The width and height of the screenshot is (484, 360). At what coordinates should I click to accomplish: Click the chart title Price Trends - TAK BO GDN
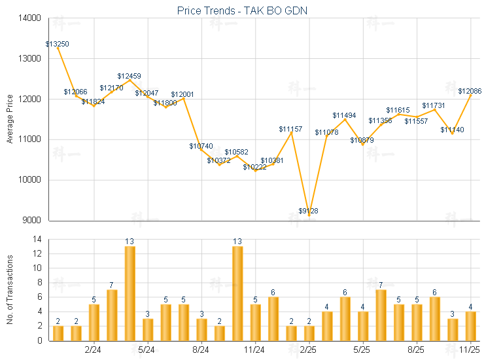click(x=242, y=10)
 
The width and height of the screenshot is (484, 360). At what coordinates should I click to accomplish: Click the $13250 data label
click(x=58, y=44)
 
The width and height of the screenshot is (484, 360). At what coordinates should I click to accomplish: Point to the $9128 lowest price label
click(x=309, y=211)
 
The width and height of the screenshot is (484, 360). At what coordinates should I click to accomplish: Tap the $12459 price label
click(x=130, y=76)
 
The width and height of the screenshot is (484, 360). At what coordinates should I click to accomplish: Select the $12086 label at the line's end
click(x=470, y=91)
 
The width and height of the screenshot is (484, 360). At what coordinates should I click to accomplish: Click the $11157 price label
click(x=290, y=129)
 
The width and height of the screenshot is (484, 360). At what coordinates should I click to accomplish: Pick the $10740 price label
click(x=201, y=146)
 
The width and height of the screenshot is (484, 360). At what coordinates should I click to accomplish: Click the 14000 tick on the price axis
click(x=27, y=18)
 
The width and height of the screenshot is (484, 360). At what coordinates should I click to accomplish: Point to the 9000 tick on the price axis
click(x=29, y=221)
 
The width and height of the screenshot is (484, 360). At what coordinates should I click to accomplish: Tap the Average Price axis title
click(x=10, y=119)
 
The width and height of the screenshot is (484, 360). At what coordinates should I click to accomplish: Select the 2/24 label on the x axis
click(x=94, y=350)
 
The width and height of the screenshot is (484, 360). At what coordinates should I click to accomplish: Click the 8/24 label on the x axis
click(x=201, y=350)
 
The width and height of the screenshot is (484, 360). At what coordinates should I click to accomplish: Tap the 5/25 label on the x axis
click(x=362, y=350)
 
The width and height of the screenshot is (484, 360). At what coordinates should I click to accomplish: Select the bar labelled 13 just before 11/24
click(x=237, y=293)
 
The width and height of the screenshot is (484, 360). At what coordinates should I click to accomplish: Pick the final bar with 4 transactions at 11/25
click(x=470, y=326)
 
